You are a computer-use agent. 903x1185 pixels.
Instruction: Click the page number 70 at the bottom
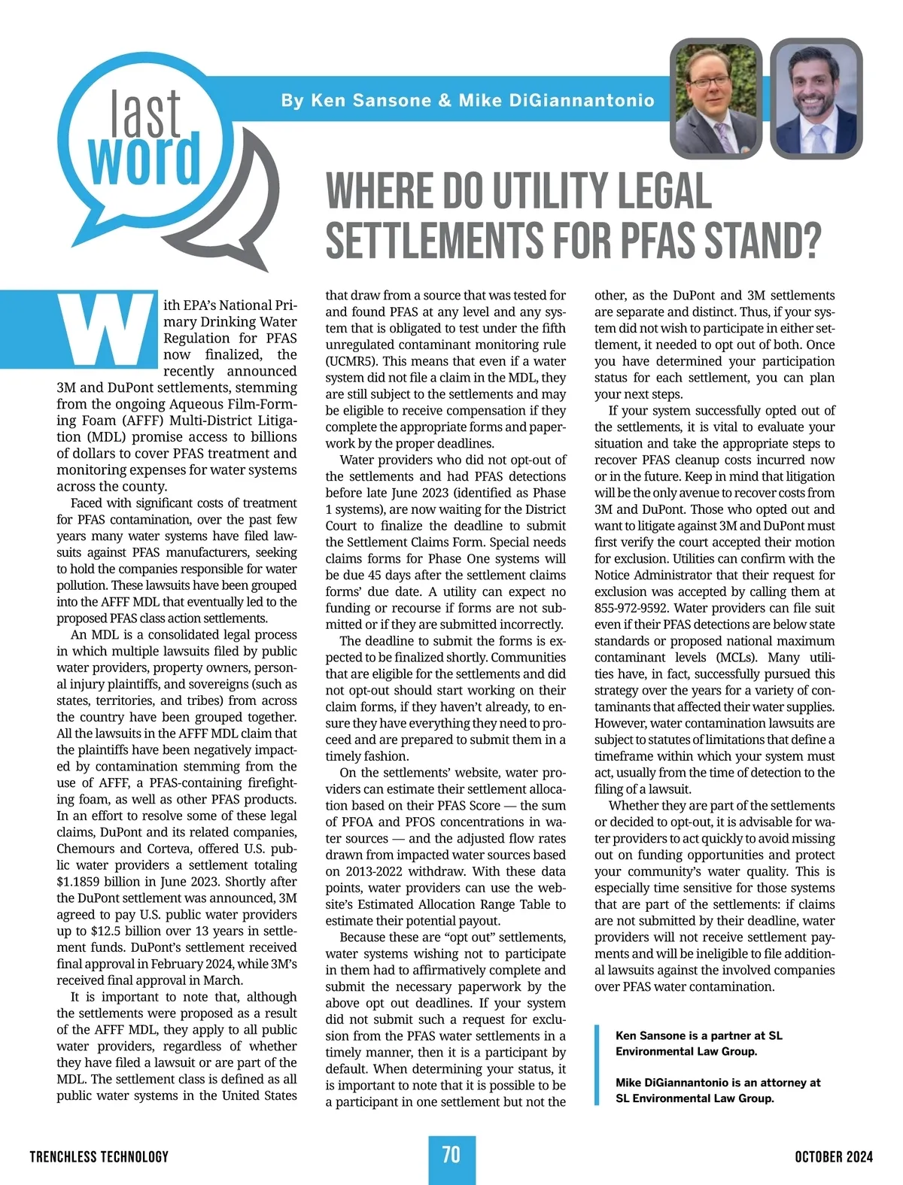tap(451, 1155)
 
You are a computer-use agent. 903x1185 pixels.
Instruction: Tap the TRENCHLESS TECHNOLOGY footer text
tap(99, 1156)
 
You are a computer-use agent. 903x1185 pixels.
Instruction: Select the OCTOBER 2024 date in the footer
tap(834, 1156)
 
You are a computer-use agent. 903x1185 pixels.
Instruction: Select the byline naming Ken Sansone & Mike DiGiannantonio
tap(467, 100)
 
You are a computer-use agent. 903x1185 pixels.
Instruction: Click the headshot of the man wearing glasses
tap(716, 98)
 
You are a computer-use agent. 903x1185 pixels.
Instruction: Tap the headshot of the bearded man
tap(816, 98)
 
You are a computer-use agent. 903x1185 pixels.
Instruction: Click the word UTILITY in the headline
tap(549, 192)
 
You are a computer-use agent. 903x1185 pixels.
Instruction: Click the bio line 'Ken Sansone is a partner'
tap(698, 1036)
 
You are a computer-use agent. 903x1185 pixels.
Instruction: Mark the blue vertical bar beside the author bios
tap(597, 1065)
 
